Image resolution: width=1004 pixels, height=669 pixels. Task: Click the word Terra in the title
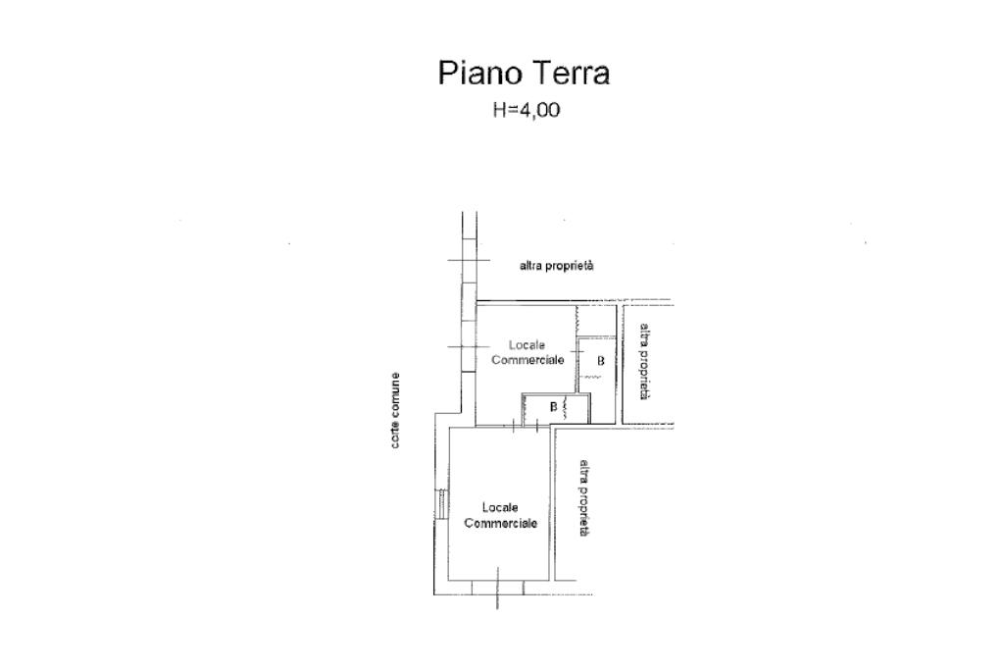click(572, 74)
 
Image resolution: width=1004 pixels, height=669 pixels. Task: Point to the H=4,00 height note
click(526, 110)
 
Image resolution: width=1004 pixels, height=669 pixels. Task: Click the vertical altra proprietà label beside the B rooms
click(644, 361)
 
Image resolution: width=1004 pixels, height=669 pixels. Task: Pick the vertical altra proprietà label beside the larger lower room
click(583, 497)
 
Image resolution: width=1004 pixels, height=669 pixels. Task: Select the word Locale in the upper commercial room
click(526, 345)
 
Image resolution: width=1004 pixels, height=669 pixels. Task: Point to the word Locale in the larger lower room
click(500, 508)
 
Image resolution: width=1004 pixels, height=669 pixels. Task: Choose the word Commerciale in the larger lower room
click(500, 524)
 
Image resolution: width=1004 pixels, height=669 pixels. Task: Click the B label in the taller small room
click(600, 361)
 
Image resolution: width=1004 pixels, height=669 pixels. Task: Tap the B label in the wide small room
click(553, 406)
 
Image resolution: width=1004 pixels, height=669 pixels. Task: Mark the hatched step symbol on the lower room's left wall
click(442, 504)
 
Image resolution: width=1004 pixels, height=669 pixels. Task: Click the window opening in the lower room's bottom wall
click(497, 588)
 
